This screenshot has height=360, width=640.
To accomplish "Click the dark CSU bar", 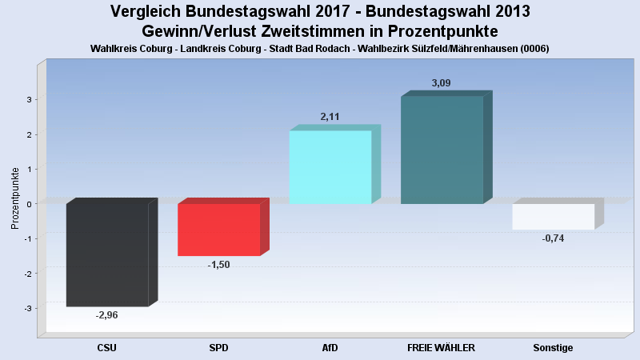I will (107, 254).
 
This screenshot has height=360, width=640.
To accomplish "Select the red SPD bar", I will (218, 230).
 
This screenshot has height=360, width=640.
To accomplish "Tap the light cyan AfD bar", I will (330, 167).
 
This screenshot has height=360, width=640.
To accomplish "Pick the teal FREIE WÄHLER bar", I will (442, 150).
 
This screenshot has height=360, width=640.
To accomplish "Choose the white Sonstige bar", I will (553, 216).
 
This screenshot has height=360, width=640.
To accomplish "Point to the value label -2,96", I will (106, 315).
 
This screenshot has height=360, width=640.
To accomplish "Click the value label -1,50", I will (218, 265).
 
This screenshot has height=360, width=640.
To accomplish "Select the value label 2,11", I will (330, 117).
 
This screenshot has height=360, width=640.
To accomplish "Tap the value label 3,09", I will (441, 82).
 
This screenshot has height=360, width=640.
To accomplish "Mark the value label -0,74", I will (553, 238).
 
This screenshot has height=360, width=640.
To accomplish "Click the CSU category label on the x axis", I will (106, 348).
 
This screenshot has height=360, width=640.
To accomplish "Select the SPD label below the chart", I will (218, 348).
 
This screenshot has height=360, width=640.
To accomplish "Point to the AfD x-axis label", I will (330, 348).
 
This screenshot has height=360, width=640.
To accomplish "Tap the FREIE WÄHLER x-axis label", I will (441, 348).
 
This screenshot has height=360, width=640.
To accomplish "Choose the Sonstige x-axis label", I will (553, 348).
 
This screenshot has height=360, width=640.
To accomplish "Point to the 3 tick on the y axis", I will (28, 99).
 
